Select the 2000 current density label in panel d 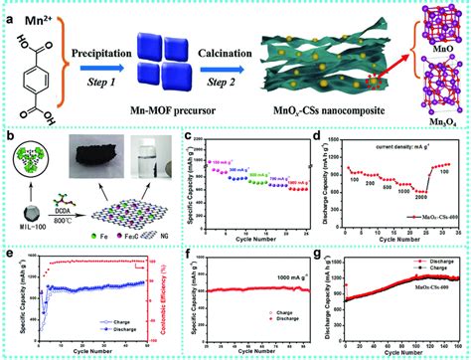tap(401, 199)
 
